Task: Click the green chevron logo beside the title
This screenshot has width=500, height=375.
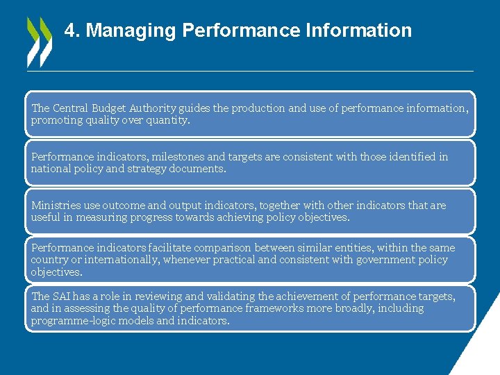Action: (39, 42)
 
